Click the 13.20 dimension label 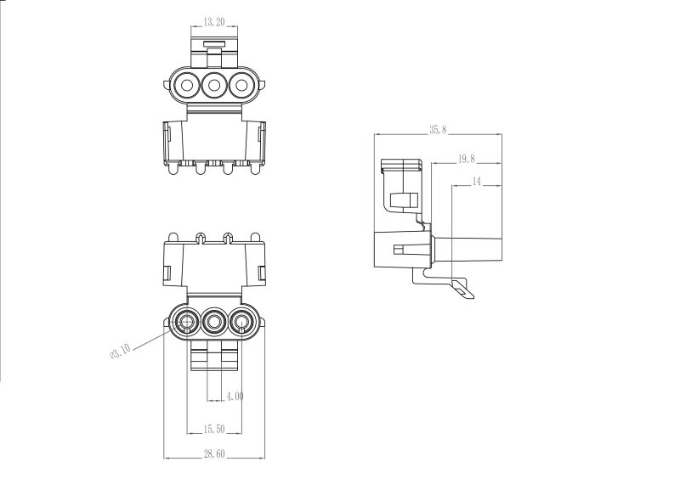pyautogui.click(x=214, y=22)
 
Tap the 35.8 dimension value pyautogui.click(x=438, y=130)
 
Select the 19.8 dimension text pyautogui.click(x=466, y=159)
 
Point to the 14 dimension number pyautogui.click(x=477, y=181)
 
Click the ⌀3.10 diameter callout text pyautogui.click(x=120, y=351)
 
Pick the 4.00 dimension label pyautogui.click(x=235, y=396)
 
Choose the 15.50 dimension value pyautogui.click(x=214, y=429)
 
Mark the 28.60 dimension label pyautogui.click(x=214, y=453)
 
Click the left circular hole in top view pyautogui.click(x=187, y=85)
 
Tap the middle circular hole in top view pyautogui.click(x=214, y=85)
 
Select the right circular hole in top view pyautogui.click(x=241, y=85)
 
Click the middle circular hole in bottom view pyautogui.click(x=214, y=322)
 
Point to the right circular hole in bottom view pyautogui.click(x=241, y=322)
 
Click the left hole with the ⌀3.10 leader pyautogui.click(x=187, y=322)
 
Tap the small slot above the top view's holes pyautogui.click(x=214, y=44)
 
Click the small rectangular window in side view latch pyautogui.click(x=405, y=200)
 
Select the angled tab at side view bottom pyautogui.click(x=463, y=290)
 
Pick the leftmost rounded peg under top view pyautogui.click(x=173, y=169)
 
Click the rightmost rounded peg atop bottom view pyautogui.click(x=256, y=238)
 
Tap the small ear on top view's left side pyautogui.click(x=166, y=85)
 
